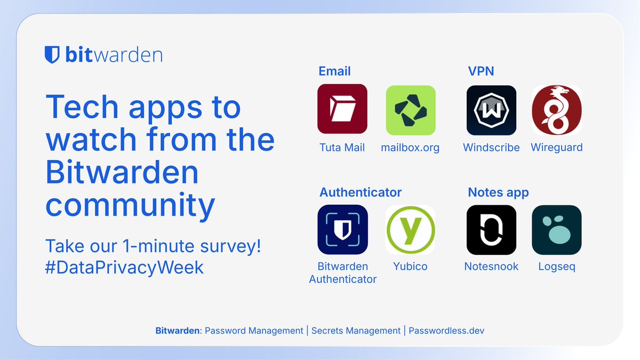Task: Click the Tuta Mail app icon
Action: [x=342, y=109]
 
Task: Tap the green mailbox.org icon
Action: [x=410, y=110]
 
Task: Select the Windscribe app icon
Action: [x=491, y=110]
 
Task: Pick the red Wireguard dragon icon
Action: [x=556, y=110]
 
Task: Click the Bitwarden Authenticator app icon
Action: [x=342, y=229]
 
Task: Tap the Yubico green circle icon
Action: [x=410, y=230]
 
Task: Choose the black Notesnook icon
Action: [x=491, y=230]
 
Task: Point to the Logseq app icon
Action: [x=556, y=230]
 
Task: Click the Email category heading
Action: [x=334, y=71]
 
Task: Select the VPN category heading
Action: [x=481, y=71]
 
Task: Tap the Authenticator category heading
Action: [x=361, y=192]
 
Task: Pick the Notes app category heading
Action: [x=498, y=192]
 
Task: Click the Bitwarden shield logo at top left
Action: [x=52, y=55]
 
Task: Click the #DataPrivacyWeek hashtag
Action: [x=124, y=267]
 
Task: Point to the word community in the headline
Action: [x=130, y=205]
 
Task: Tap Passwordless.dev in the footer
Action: [x=446, y=331]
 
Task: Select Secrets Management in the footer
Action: [x=356, y=331]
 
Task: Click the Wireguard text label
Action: [x=556, y=148]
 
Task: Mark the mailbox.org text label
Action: [x=410, y=148]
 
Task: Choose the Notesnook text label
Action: [x=491, y=267]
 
